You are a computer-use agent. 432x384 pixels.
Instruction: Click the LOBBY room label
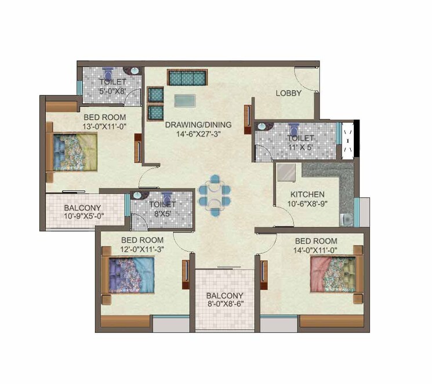pos(288,93)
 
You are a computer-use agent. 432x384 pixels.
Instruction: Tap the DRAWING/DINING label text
pos(198,124)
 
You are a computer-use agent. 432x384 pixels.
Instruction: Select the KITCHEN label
pos(307,194)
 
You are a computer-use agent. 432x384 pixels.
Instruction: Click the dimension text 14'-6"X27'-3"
pos(198,133)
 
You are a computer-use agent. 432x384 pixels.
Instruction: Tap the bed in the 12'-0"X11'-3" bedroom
pos(129,275)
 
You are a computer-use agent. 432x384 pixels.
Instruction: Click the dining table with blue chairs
pos(214,192)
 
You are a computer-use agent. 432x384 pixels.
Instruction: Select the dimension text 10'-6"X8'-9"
pos(307,204)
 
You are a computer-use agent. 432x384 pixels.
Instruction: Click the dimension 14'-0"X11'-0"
pos(315,250)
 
